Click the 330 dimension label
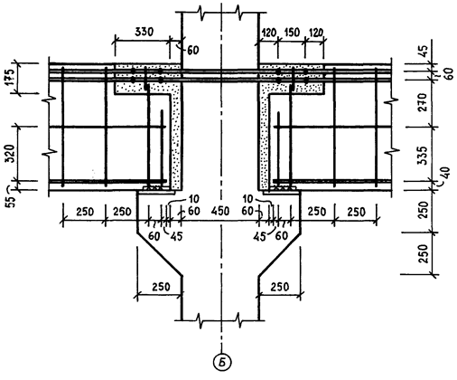144,32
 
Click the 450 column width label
220,211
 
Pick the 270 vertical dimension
423,102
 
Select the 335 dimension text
423,156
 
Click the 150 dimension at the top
291,33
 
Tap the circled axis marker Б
222,361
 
